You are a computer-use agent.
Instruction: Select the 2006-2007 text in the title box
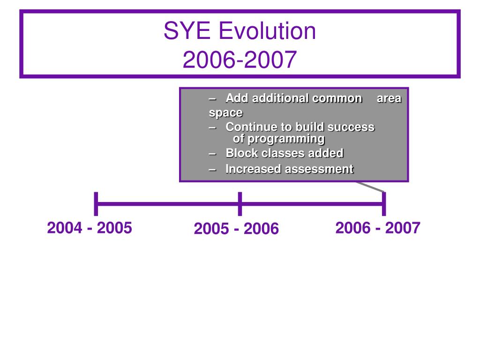(x=240, y=60)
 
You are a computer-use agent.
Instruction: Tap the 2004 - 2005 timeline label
(x=90, y=228)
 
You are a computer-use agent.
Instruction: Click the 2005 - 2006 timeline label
(x=236, y=229)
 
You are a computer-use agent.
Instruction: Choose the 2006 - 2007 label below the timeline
(x=378, y=228)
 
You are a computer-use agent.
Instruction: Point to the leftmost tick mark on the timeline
(x=96, y=204)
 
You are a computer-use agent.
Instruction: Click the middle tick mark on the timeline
(x=240, y=204)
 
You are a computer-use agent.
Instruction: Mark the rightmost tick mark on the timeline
(x=384, y=204)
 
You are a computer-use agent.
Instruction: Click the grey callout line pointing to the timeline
(x=370, y=187)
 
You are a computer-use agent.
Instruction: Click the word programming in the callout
(x=286, y=139)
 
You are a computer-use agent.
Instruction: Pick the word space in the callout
(x=225, y=113)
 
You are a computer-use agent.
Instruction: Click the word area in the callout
(x=389, y=98)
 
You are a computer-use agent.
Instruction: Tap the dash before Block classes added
(x=212, y=154)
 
